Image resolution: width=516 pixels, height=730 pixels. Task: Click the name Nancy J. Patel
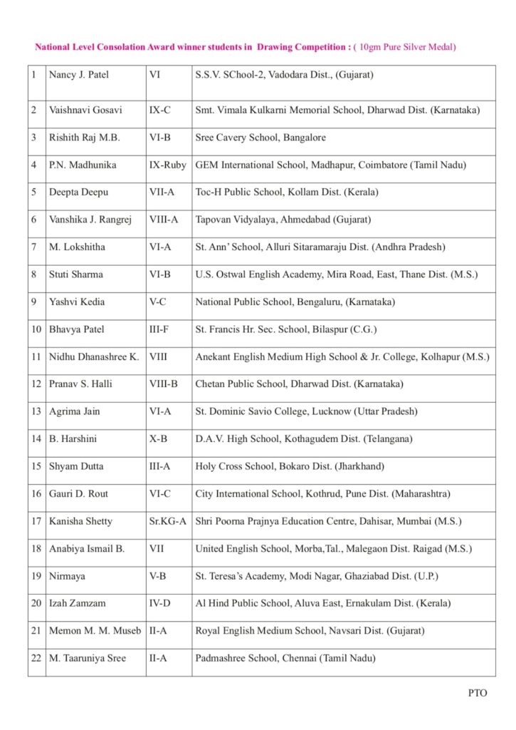pos(78,74)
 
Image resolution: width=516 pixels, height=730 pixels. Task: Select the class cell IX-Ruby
pos(167,165)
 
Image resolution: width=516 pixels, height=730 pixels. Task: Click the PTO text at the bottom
pos(478,692)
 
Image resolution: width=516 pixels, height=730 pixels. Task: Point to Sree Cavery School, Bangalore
pos(260,138)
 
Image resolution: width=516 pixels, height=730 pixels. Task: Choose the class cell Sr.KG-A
pos(168,521)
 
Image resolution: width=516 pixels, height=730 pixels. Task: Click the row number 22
pos(36,658)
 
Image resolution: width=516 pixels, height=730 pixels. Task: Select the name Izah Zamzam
pos(77,603)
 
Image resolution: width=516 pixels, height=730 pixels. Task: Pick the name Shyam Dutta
pos(76,466)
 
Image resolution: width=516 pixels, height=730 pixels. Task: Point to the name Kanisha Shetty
pos(80,521)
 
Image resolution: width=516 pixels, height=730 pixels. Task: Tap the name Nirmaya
pos(66,576)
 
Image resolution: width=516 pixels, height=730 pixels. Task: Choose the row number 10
pos(36,329)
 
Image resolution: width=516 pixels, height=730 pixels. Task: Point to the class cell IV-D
pos(159,603)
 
